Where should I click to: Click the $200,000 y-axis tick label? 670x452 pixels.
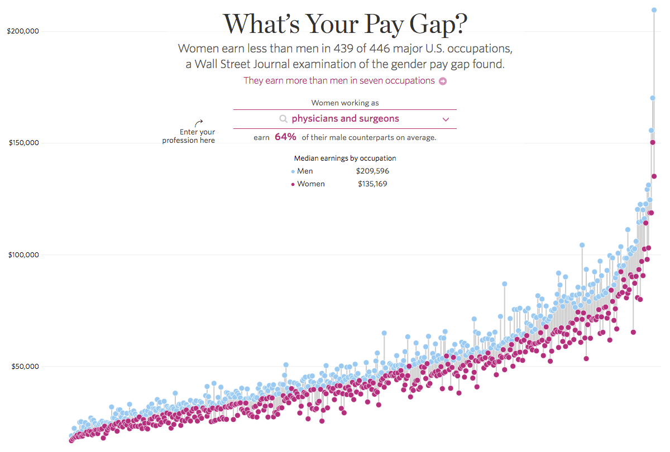[23, 31]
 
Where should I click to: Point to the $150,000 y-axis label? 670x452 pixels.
[23, 142]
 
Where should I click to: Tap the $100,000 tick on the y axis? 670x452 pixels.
[23, 254]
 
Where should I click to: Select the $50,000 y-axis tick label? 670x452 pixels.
[25, 366]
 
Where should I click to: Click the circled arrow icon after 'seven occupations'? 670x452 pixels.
[443, 81]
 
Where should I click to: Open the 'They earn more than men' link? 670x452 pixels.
[339, 80]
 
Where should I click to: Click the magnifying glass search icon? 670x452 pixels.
[283, 119]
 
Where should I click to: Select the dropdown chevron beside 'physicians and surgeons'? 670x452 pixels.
[446, 119]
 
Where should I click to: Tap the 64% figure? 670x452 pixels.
[285, 137]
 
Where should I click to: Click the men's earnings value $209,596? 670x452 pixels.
[372, 171]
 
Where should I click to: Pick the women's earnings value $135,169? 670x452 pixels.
[372, 184]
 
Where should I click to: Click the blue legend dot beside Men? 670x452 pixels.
[293, 172]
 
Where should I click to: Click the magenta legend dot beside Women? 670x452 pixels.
[293, 184]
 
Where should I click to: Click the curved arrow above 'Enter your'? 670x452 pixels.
[198, 123]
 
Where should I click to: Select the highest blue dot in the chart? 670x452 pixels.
[654, 10]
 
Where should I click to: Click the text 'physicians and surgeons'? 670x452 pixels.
[345, 118]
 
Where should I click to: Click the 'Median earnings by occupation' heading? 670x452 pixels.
[345, 158]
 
